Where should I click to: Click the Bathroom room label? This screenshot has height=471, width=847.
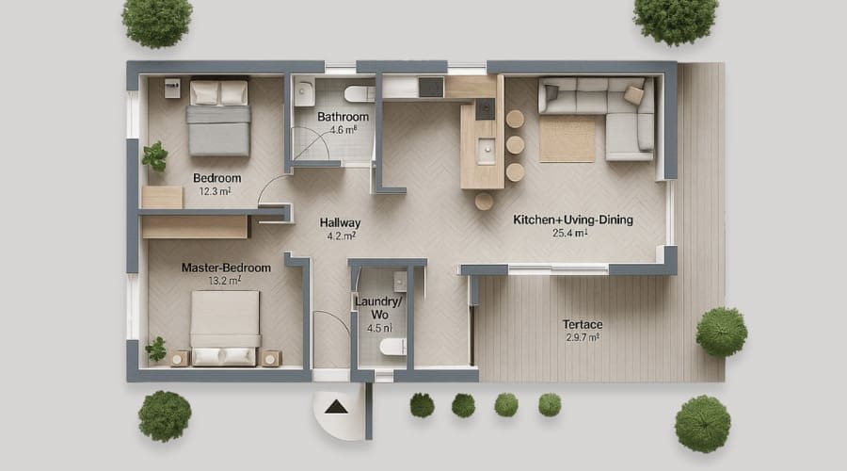(342, 117)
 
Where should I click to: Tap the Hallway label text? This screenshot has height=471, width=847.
(340, 222)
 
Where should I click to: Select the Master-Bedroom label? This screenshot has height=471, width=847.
(226, 268)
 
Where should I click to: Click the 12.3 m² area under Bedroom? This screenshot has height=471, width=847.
(216, 191)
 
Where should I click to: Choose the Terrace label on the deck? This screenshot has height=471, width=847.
(582, 324)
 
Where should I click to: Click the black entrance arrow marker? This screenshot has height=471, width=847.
(333, 408)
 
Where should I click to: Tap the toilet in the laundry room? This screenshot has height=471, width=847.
(392, 348)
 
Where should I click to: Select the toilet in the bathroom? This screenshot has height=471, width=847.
(359, 93)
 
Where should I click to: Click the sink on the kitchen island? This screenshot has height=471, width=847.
(486, 149)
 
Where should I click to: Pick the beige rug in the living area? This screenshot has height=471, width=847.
(567, 138)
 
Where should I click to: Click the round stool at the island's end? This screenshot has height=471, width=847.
(484, 201)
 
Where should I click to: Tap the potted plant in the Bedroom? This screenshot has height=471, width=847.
(154, 155)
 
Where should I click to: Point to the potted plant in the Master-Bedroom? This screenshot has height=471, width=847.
(155, 349)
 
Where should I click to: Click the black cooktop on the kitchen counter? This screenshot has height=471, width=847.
(430, 88)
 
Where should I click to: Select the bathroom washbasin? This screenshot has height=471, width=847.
(304, 92)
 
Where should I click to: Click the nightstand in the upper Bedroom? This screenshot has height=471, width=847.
(172, 88)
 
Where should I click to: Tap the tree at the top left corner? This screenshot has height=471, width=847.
(156, 21)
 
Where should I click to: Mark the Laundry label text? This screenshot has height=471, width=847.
(378, 301)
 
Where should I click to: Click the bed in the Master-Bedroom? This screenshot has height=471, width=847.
(224, 327)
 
